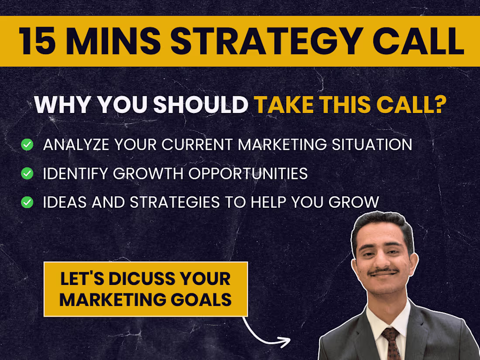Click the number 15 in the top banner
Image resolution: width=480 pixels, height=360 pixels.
38,41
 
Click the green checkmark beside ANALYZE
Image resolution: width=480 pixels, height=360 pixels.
27,145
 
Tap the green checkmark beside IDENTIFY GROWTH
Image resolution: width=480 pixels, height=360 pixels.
27,173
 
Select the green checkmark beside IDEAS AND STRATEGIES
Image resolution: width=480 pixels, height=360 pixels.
27,202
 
